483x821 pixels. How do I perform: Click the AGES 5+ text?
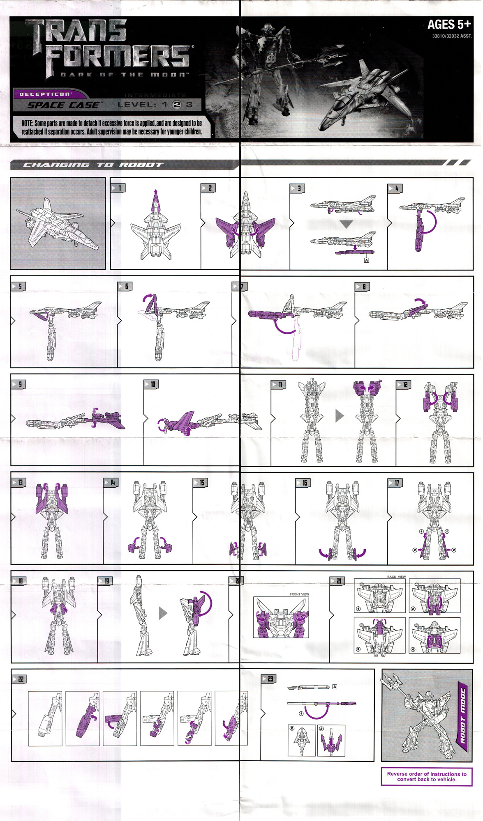pos(448,25)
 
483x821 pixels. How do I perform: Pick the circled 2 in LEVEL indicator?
pos(176,105)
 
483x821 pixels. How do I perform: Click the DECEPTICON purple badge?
pos(45,94)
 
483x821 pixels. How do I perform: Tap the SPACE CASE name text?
pos(64,105)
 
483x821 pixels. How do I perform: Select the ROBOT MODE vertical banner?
pos(462,716)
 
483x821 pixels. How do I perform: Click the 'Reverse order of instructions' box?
pos(426,777)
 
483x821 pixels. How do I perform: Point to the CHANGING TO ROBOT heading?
pos(93,165)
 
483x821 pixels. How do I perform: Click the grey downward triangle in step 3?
pos(347,224)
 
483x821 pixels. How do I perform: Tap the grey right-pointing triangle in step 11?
pos(339,415)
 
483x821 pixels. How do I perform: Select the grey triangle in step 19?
pos(163,613)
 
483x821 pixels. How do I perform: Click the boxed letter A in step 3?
pos(366,260)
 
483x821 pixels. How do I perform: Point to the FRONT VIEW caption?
pos(299,594)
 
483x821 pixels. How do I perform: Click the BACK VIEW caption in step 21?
pos(396,577)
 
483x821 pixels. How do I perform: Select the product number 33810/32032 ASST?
pos(451,36)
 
